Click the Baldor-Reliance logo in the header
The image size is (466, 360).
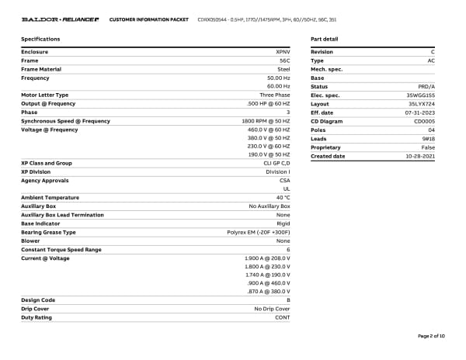(60, 18)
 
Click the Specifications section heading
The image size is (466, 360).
(40, 39)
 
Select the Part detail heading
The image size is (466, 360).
(324, 39)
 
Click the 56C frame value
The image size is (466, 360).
(284, 61)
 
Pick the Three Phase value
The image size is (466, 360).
(275, 95)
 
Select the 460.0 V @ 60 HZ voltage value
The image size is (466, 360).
(268, 130)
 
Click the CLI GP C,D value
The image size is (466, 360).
(273, 164)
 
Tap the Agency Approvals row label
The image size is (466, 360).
(44, 181)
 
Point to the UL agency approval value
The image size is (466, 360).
(287, 189)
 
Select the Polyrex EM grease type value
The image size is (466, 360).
(259, 232)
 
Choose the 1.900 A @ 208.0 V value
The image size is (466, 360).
(267, 258)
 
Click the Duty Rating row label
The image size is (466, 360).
(37, 317)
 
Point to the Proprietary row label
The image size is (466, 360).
(325, 147)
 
